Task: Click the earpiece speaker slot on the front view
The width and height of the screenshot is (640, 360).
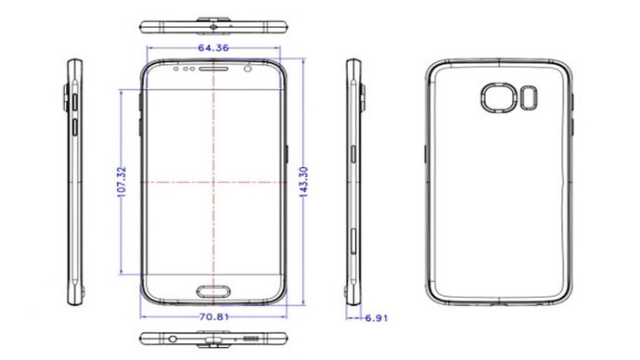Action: pyautogui.click(x=214, y=69)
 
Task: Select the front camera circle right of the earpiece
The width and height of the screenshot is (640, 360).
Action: pyautogui.click(x=248, y=69)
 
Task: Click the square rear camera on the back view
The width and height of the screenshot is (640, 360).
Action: pyautogui.click(x=498, y=98)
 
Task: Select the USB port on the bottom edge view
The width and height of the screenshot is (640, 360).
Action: pyautogui.click(x=215, y=339)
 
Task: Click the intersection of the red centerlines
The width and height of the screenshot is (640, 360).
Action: pyautogui.click(x=214, y=179)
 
